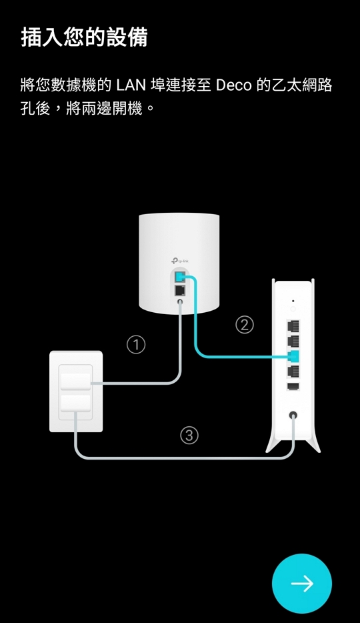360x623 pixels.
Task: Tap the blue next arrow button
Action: click(301, 583)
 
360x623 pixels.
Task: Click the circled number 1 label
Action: click(136, 344)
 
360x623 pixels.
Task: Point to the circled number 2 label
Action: click(245, 325)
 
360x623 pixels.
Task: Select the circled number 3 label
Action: click(189, 436)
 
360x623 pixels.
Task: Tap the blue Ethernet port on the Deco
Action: click(180, 275)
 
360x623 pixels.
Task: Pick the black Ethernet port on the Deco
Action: click(180, 290)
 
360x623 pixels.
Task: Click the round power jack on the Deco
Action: click(180, 302)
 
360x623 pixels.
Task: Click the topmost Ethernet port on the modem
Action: click(293, 326)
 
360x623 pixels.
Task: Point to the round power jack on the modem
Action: click(293, 416)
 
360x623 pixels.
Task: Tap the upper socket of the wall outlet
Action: click(75, 382)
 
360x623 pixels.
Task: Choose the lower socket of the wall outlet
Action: click(75, 403)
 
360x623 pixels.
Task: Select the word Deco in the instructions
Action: click(234, 85)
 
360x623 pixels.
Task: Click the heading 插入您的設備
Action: click(84, 38)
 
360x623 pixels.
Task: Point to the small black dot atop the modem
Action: click(293, 301)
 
